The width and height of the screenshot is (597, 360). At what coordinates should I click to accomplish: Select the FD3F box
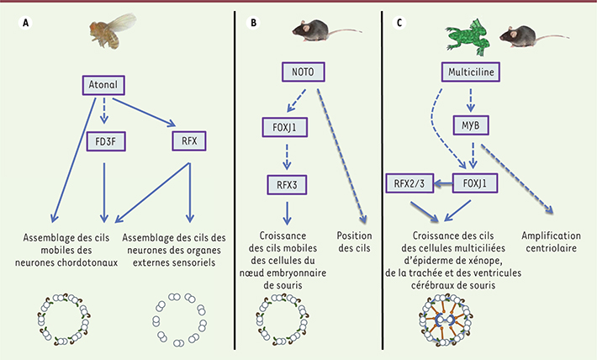[x=105, y=140]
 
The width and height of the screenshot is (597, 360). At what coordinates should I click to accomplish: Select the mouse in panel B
[x=321, y=32]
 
